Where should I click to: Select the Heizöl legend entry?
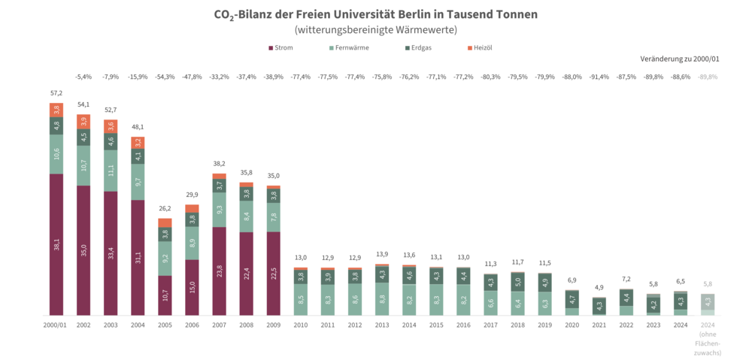(481, 48)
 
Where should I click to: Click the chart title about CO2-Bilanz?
(376, 14)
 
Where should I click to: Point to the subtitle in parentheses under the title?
(376, 30)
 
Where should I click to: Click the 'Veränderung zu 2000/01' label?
(680, 59)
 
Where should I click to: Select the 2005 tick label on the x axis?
(165, 325)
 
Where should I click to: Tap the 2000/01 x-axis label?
(56, 325)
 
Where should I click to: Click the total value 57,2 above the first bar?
(56, 93)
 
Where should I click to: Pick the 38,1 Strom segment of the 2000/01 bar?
(56, 244)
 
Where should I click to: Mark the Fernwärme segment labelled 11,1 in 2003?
(111, 171)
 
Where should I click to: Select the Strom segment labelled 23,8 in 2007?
(219, 271)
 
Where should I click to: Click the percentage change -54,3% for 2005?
(165, 77)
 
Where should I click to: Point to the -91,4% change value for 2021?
(599, 77)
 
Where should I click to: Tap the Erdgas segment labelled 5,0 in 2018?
(517, 283)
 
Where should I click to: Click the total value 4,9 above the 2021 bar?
(599, 288)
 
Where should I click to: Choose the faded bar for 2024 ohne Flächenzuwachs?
(707, 304)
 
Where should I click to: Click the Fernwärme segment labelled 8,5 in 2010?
(300, 299)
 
